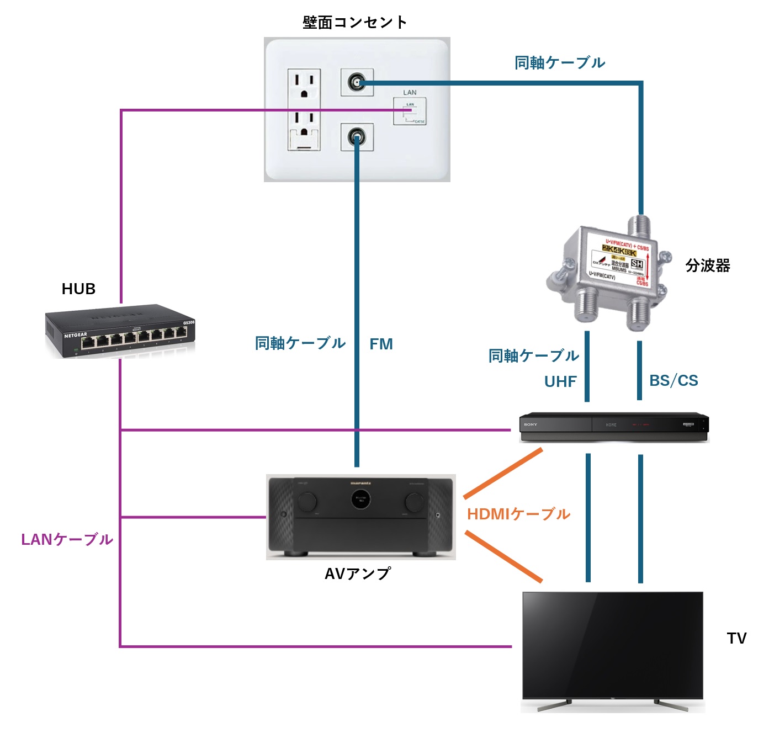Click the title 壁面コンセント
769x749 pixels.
tap(354, 22)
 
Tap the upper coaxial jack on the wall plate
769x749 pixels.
tap(357, 83)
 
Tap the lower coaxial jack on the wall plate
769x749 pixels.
tap(357, 137)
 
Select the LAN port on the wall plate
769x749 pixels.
tap(410, 111)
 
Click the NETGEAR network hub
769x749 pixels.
tap(120, 331)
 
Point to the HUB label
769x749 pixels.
tap(78, 289)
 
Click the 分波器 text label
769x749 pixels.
tap(708, 265)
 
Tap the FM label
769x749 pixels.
tap(381, 344)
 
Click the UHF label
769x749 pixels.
tap(560, 381)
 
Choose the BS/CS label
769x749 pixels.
tap(673, 380)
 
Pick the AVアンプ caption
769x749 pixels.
tap(358, 574)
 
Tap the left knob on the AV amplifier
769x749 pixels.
tap(307, 501)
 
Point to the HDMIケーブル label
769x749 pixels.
tap(518, 514)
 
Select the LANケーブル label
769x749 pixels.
tap(67, 539)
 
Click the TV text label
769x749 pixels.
tap(736, 638)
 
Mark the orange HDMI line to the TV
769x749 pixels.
tap(503, 556)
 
